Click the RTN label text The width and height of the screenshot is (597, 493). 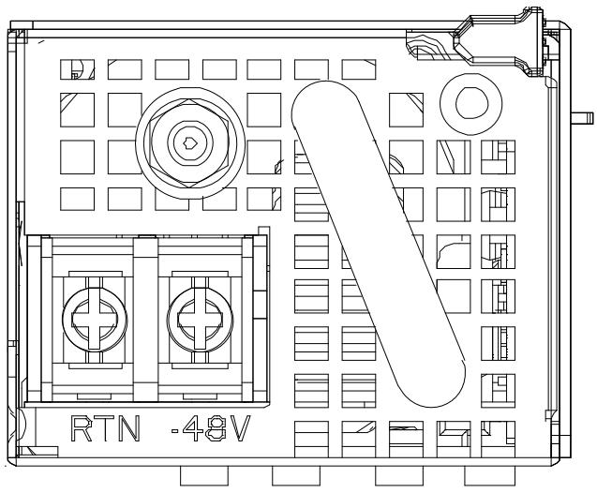pyautogui.click(x=106, y=428)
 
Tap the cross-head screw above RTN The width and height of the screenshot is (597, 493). pyautogui.click(x=95, y=319)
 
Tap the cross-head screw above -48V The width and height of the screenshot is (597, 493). pyautogui.click(x=200, y=319)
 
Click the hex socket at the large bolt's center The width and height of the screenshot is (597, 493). pyautogui.click(x=189, y=142)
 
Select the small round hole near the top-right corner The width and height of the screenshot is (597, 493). pyautogui.click(x=471, y=104)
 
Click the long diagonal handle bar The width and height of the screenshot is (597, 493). pyautogui.click(x=379, y=244)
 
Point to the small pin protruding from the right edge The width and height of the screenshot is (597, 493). pyautogui.click(x=582, y=118)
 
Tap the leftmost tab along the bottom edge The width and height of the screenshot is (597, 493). pyautogui.click(x=204, y=476)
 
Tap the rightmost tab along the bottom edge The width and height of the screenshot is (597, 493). pyautogui.click(x=488, y=476)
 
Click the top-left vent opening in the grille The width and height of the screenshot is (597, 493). pyautogui.click(x=77, y=69)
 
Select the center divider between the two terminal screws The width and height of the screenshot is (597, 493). pyautogui.click(x=145, y=319)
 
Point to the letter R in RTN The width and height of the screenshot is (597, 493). pyautogui.click(x=82, y=428)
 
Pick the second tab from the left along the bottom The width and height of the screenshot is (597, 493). pyautogui.click(x=296, y=476)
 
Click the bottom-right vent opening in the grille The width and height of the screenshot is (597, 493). pyautogui.click(x=498, y=439)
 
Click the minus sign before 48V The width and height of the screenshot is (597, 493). pyautogui.click(x=175, y=431)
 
